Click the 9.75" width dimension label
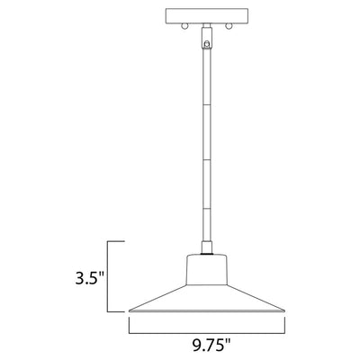point(212,345)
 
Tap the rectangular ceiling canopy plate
point(207,16)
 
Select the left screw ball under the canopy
point(184,26)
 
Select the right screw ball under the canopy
point(229,26)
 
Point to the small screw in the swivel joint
point(206,44)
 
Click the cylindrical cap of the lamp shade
point(207,269)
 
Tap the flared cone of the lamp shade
point(207,298)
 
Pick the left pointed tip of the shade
point(130,310)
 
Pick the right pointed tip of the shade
point(284,310)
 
